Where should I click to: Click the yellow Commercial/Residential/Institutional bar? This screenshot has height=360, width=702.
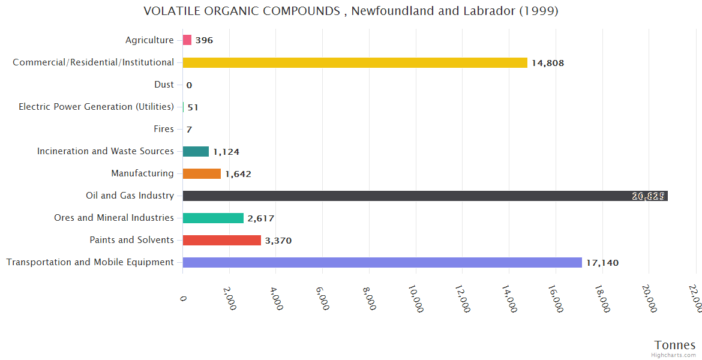[355, 62]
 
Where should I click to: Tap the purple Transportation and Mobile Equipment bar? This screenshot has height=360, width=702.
[382, 262]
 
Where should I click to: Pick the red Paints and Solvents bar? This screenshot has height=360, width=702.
[221, 240]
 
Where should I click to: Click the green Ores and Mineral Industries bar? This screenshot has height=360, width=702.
[213, 218]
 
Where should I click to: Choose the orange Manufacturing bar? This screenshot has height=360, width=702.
[202, 173]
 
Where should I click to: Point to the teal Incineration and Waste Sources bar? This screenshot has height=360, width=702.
[196, 151]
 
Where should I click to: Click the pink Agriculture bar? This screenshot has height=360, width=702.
[187, 40]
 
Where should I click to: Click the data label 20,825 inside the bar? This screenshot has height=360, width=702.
[648, 196]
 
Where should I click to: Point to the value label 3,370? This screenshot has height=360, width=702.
[278, 241]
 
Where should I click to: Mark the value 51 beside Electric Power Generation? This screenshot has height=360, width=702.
[193, 107]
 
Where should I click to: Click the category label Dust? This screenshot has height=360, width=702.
[164, 85]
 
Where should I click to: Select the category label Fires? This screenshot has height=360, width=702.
[164, 129]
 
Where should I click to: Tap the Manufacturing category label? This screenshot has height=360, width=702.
[142, 173]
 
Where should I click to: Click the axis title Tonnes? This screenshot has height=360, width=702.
[674, 345]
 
